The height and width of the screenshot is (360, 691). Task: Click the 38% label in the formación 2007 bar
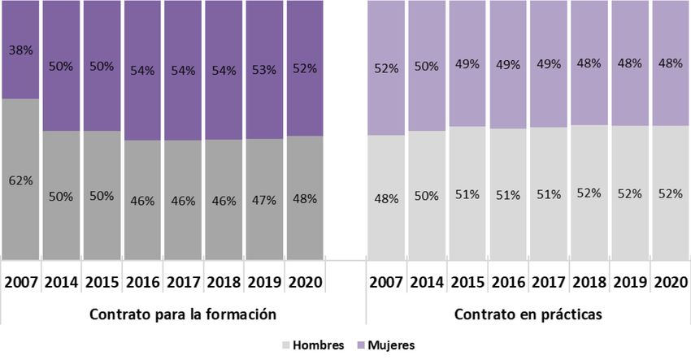tap(21, 49)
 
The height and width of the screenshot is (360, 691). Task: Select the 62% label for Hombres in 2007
tap(21, 180)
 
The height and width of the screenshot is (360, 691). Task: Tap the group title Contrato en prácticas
tap(528, 314)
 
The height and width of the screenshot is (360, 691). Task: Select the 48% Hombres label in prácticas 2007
tap(387, 197)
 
